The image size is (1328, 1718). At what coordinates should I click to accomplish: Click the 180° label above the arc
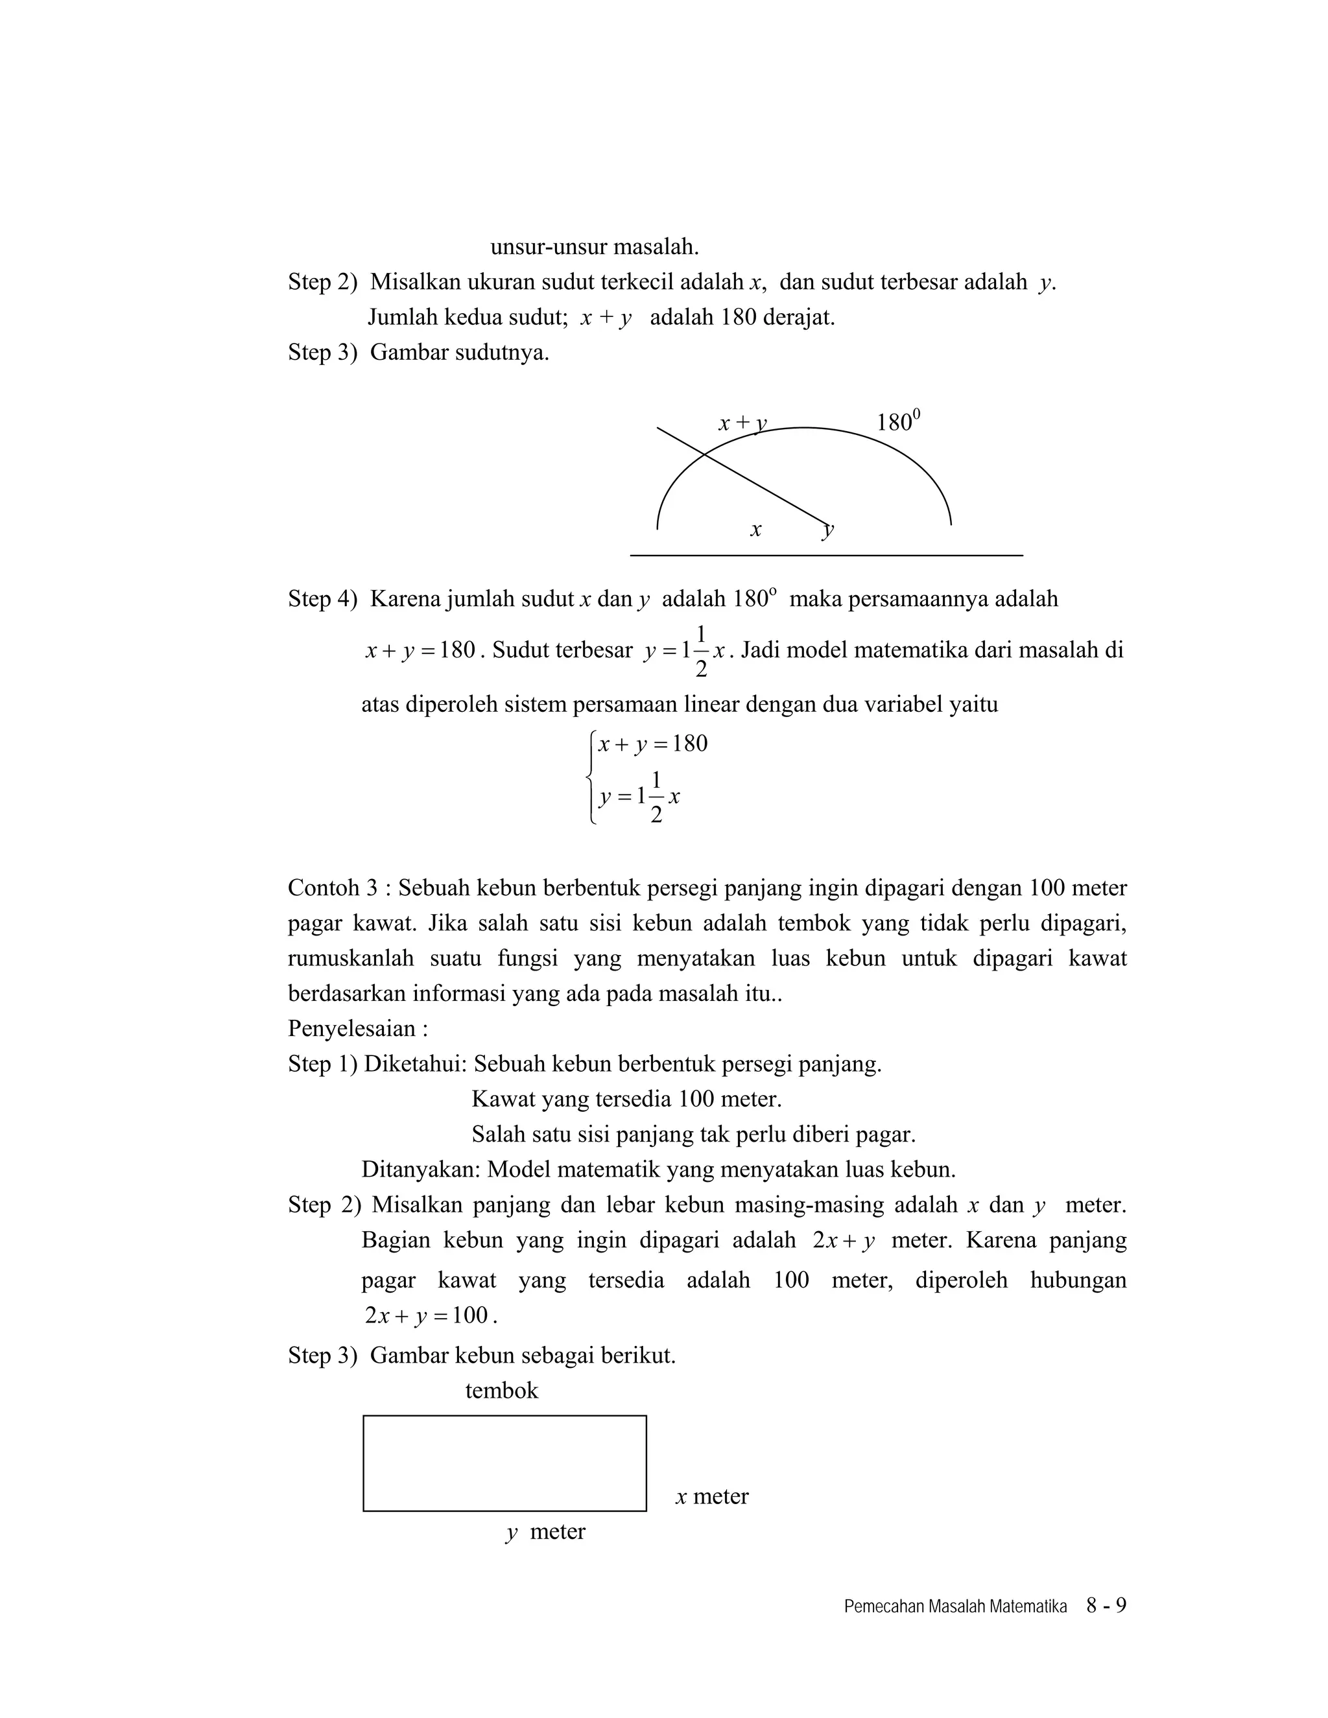897,423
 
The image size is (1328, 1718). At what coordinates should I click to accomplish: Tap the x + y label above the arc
741,423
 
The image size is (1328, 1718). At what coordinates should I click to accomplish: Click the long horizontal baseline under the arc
826,556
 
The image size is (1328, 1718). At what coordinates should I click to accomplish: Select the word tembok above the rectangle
501,1390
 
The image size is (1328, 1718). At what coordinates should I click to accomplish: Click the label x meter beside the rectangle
711,1496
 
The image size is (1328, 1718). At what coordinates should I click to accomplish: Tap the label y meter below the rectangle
545,1531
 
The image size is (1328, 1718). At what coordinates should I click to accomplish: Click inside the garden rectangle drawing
504,1463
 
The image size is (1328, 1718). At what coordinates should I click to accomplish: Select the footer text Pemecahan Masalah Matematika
954,1606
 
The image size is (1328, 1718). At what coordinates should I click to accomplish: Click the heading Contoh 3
333,888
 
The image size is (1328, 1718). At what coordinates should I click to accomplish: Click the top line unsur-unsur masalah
594,246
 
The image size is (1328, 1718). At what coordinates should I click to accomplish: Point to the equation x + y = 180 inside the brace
652,744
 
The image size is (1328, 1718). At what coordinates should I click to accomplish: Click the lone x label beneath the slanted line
755,530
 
